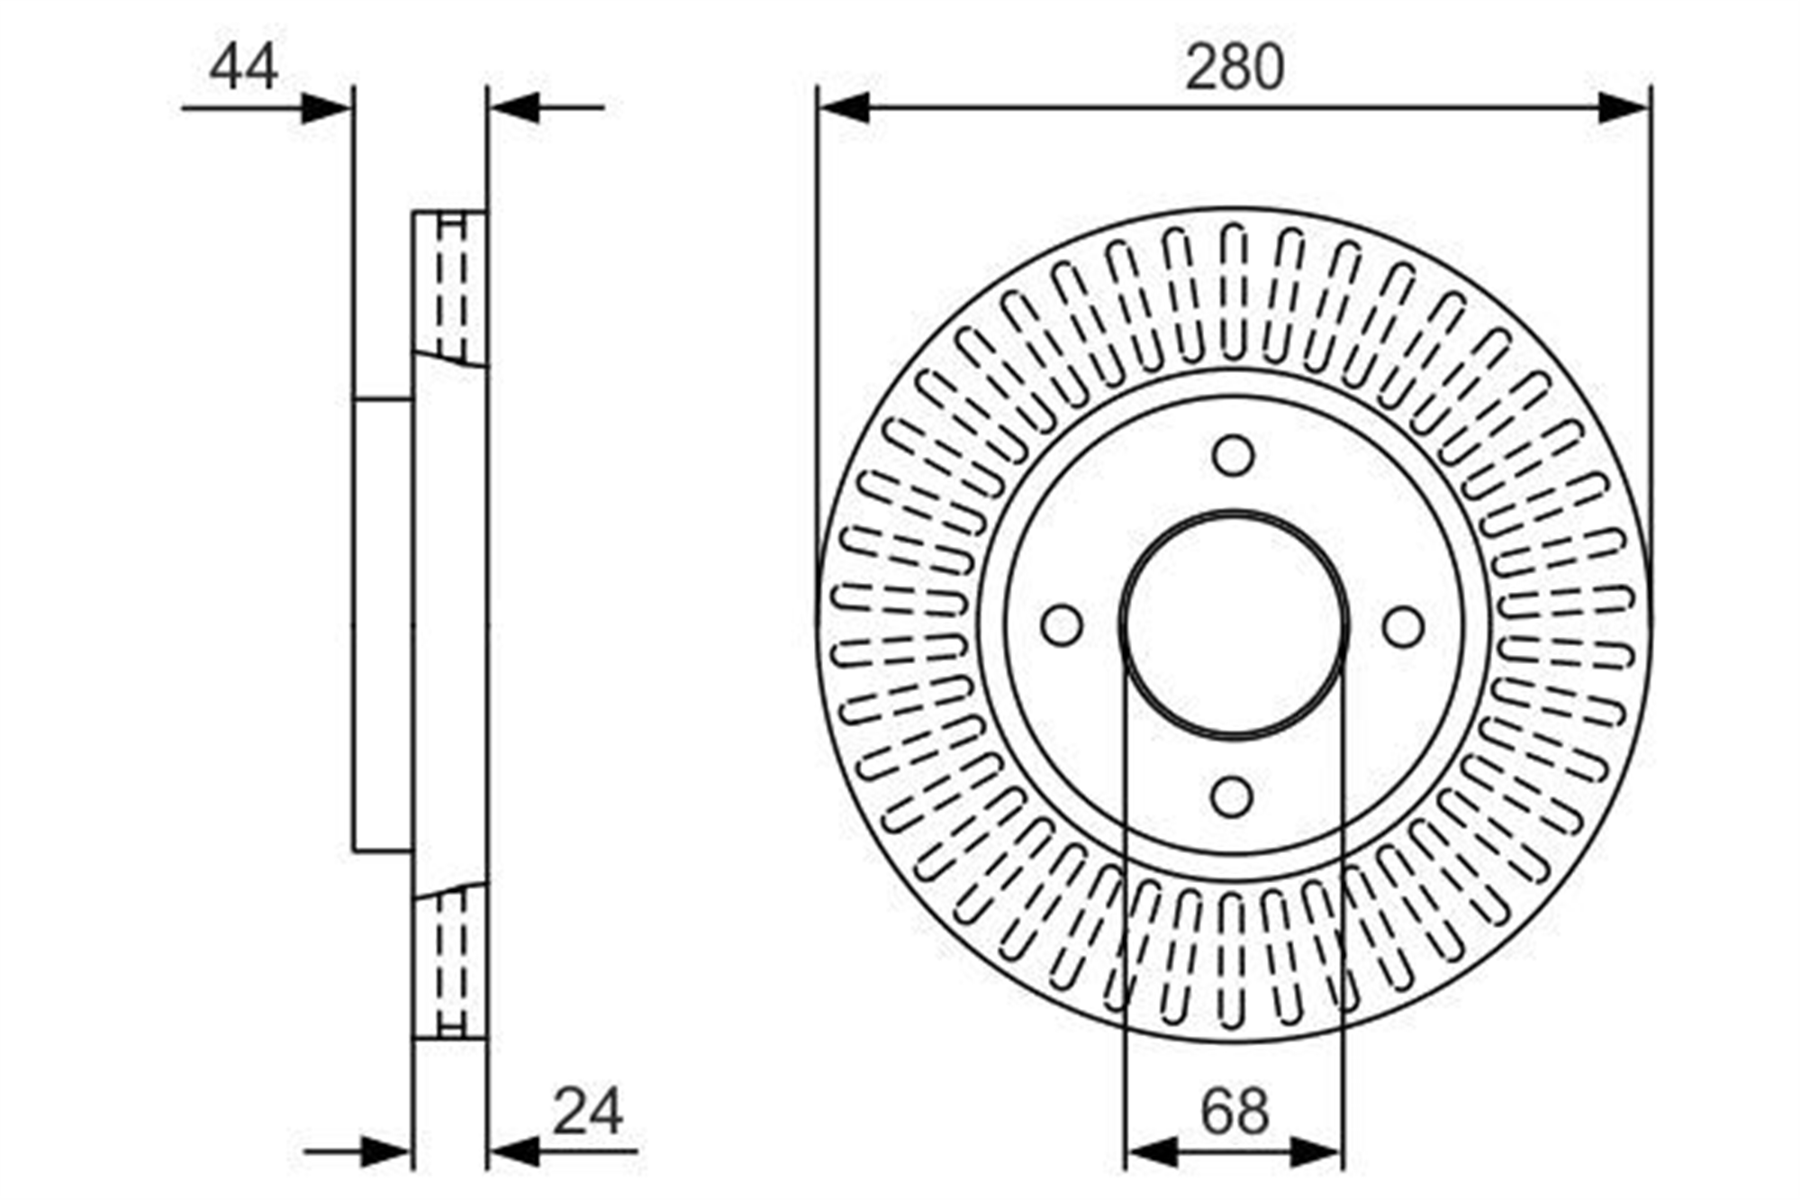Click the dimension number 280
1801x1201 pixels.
click(x=1234, y=68)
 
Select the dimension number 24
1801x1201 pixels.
click(x=587, y=1112)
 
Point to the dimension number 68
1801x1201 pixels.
click(x=1235, y=1112)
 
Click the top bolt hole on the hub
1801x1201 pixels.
click(x=1233, y=456)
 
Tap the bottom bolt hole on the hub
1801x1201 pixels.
click(x=1232, y=797)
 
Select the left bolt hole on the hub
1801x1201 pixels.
click(x=1062, y=625)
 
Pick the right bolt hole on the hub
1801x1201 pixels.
click(x=1403, y=627)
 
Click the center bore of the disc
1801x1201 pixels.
click(x=1234, y=624)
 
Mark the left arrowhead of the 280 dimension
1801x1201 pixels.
click(x=845, y=108)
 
